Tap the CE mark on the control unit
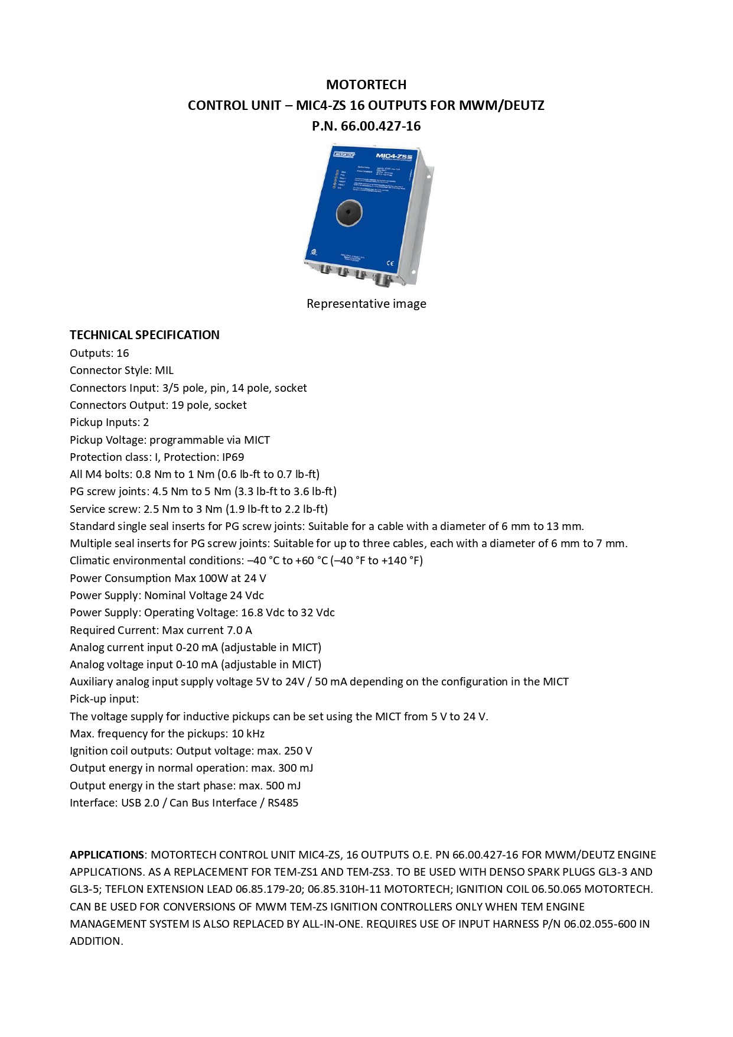[390, 263]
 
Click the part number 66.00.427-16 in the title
[380, 126]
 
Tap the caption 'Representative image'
[366, 304]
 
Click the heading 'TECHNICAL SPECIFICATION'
[144, 335]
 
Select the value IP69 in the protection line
[233, 457]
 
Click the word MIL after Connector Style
[164, 370]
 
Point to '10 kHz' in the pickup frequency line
[248, 734]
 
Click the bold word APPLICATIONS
[107, 855]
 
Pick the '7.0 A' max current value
[239, 630]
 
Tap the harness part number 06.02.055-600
[600, 924]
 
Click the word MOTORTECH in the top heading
[366, 84]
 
